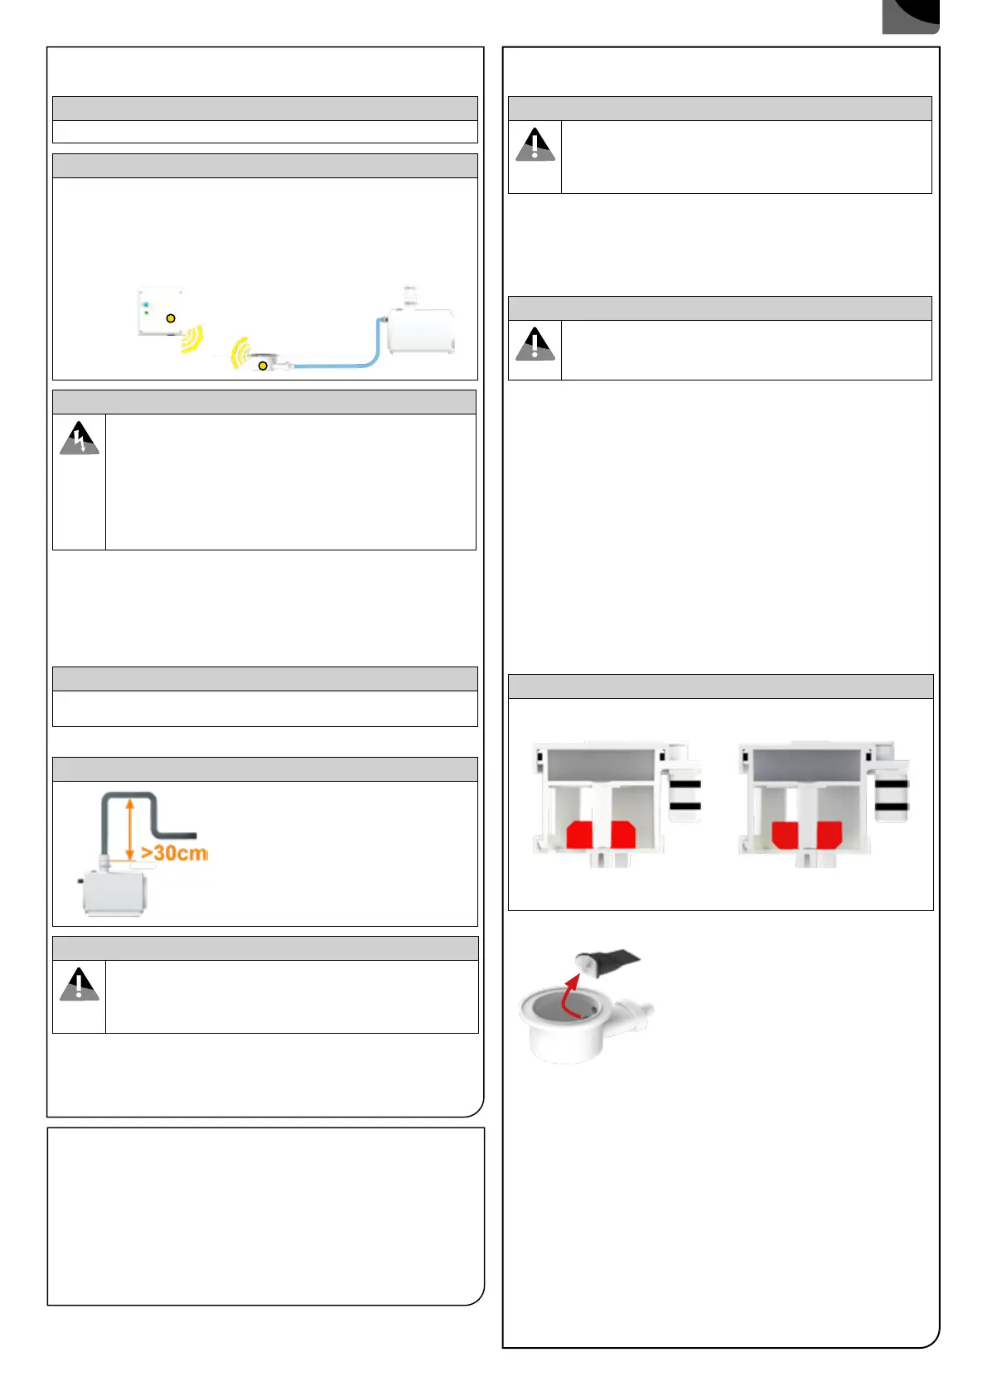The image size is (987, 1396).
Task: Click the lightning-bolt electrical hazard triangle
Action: pos(80,439)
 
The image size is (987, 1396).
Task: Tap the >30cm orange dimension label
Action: pos(174,853)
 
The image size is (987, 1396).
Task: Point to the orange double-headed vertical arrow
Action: pos(130,829)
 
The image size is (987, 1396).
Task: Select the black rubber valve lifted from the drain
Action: pos(613,962)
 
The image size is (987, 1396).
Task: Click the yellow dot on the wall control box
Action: pos(171,318)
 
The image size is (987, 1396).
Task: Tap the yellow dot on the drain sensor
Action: pos(263,366)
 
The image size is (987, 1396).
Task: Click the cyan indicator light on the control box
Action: pos(146,305)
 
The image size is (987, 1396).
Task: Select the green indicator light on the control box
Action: pos(146,313)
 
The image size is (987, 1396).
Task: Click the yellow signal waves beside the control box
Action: pos(192,338)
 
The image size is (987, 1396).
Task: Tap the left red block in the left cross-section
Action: pos(579,834)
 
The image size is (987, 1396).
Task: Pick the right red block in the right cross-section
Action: pos(829,834)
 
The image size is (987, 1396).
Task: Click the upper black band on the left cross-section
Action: pos(685,783)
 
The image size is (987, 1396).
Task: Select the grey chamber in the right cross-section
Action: pos(806,765)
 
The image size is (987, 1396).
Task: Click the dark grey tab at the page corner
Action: pos(910,17)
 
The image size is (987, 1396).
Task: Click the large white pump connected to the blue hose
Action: pos(421,330)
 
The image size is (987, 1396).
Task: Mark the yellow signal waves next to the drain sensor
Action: pos(239,352)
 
